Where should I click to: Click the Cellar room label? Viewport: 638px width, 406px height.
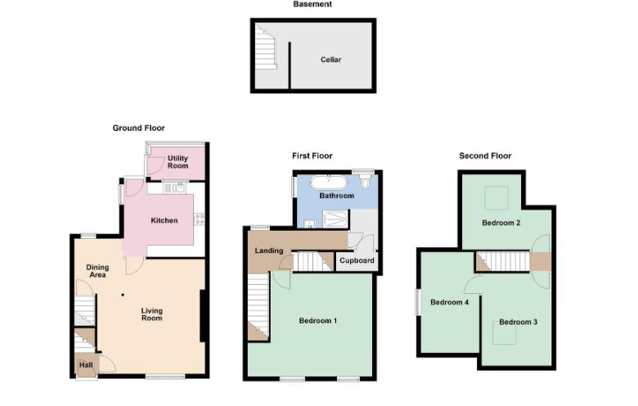pyautogui.click(x=330, y=60)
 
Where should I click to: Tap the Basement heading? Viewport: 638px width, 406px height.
pyautogui.click(x=312, y=4)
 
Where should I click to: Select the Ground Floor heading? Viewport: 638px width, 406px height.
pyautogui.click(x=138, y=128)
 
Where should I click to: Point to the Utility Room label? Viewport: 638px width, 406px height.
pyautogui.click(x=177, y=162)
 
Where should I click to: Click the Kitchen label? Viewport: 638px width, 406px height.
pyautogui.click(x=164, y=220)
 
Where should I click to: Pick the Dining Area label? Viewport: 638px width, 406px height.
pyautogui.click(x=97, y=271)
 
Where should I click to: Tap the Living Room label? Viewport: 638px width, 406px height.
pyautogui.click(x=152, y=314)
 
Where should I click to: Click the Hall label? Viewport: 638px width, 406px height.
pyautogui.click(x=86, y=365)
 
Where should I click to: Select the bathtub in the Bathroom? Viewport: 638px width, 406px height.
pyautogui.click(x=329, y=182)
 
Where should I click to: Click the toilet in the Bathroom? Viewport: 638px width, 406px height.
pyautogui.click(x=366, y=182)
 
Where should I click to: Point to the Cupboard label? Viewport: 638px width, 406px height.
pyautogui.click(x=357, y=260)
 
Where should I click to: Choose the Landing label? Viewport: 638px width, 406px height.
pyautogui.click(x=269, y=250)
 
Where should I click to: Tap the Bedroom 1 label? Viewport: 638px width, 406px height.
pyautogui.click(x=318, y=321)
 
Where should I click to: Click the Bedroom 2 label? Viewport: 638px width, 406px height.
pyautogui.click(x=501, y=223)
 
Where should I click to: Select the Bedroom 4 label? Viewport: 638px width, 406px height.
pyautogui.click(x=449, y=302)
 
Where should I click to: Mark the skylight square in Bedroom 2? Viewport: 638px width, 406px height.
pyautogui.click(x=496, y=198)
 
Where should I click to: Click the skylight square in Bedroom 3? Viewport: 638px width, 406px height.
pyautogui.click(x=505, y=332)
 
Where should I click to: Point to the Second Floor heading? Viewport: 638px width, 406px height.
pyautogui.click(x=485, y=156)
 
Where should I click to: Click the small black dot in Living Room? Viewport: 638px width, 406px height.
pyautogui.click(x=123, y=295)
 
